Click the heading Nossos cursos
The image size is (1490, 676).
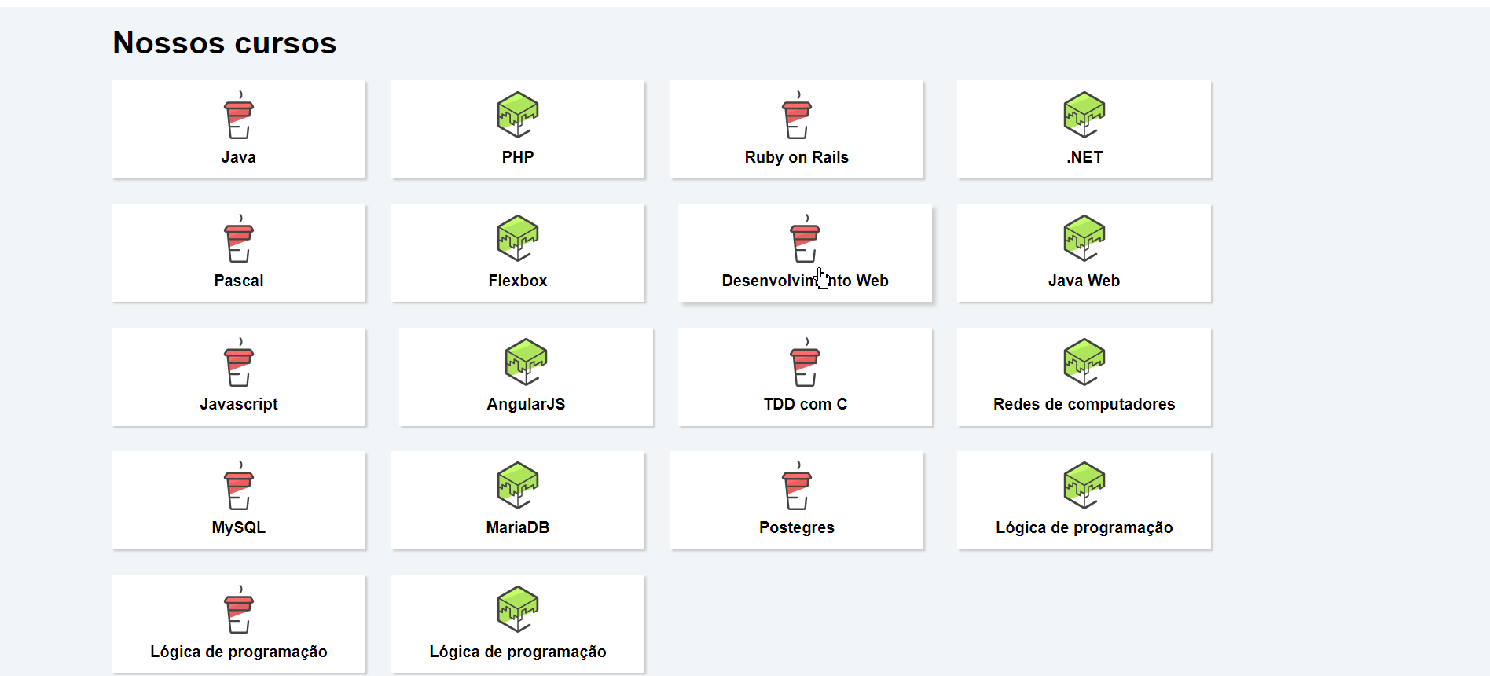pyautogui.click(x=224, y=42)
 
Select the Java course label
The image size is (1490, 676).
pyautogui.click(x=238, y=157)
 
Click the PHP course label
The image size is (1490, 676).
pyautogui.click(x=517, y=157)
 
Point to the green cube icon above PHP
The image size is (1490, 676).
pyautogui.click(x=517, y=115)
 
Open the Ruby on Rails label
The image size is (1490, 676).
pyautogui.click(x=796, y=157)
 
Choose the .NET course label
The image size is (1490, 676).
pyautogui.click(x=1084, y=157)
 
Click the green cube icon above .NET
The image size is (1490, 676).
pyautogui.click(x=1084, y=115)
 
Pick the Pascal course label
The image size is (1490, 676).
pyautogui.click(x=238, y=281)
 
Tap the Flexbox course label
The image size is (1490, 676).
pyautogui.click(x=517, y=281)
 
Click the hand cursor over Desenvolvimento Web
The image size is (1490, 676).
pyautogui.click(x=822, y=278)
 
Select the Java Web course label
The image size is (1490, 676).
pyautogui.click(x=1084, y=281)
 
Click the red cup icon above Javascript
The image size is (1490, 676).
pyautogui.click(x=238, y=365)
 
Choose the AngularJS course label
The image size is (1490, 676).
pyautogui.click(x=526, y=404)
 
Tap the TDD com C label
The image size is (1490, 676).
pyautogui.click(x=805, y=404)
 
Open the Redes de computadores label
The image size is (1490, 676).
pyautogui.click(x=1084, y=404)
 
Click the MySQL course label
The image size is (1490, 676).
pyautogui.click(x=238, y=527)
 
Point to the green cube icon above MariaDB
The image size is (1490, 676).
pyautogui.click(x=517, y=485)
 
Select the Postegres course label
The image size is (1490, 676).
pyautogui.click(x=796, y=527)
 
